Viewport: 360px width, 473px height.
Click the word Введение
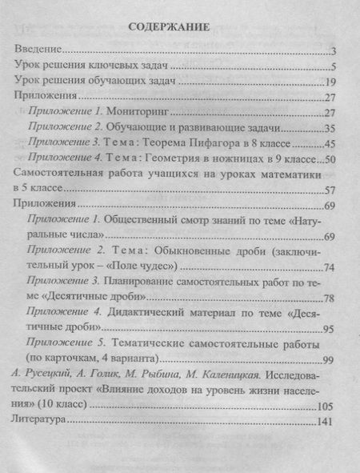click(39, 50)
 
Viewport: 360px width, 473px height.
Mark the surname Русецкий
click(50, 373)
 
